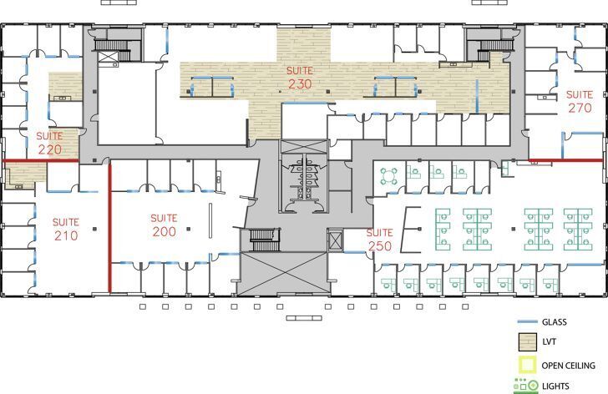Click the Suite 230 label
pos(300,78)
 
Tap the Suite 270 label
pos(579,101)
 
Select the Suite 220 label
pos(49,143)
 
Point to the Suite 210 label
pos(65,229)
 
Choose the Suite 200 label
pos(164,225)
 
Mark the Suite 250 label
pos(379,239)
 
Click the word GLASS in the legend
pos(555,321)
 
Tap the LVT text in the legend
pos(550,342)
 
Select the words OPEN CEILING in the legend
pos(568,366)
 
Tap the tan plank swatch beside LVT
pos(527,342)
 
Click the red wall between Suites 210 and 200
pos(110,227)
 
